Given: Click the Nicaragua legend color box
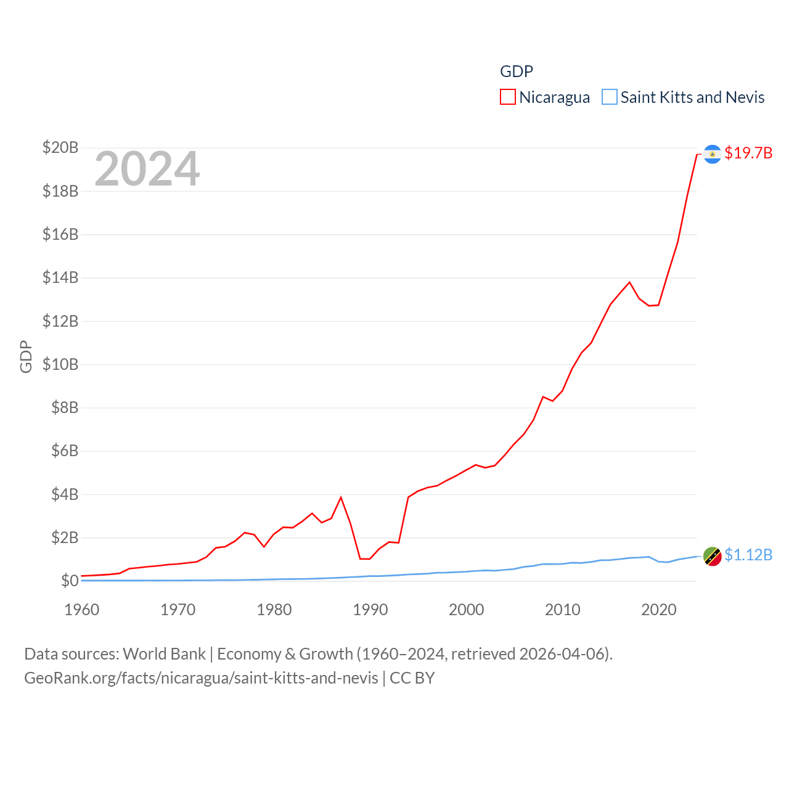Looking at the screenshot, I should tap(507, 97).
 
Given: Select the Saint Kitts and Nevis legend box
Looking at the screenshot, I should tap(609, 97).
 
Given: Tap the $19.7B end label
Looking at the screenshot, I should tap(748, 153).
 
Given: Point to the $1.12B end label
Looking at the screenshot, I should tap(748, 555).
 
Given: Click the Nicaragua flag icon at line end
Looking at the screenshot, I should tap(713, 153).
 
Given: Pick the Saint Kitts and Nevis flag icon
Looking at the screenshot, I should tap(713, 556).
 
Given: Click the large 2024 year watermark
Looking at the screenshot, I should tap(147, 169).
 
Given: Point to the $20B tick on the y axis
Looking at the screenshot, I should tap(60, 147).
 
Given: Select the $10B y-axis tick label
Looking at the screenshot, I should tap(60, 364).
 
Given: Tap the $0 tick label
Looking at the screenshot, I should tap(70, 581).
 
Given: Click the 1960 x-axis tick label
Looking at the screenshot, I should tap(81, 610).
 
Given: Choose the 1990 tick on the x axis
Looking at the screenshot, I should tap(370, 610).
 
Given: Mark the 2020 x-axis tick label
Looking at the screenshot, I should tap(658, 610).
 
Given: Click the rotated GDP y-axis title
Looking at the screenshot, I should tap(26, 356).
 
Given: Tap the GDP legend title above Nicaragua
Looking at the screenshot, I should tap(516, 72).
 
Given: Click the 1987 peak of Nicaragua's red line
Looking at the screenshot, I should tap(341, 497).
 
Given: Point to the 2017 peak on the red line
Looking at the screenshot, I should tap(629, 282).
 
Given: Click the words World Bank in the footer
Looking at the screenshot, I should tap(164, 654).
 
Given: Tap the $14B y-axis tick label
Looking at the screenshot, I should tap(60, 277).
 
